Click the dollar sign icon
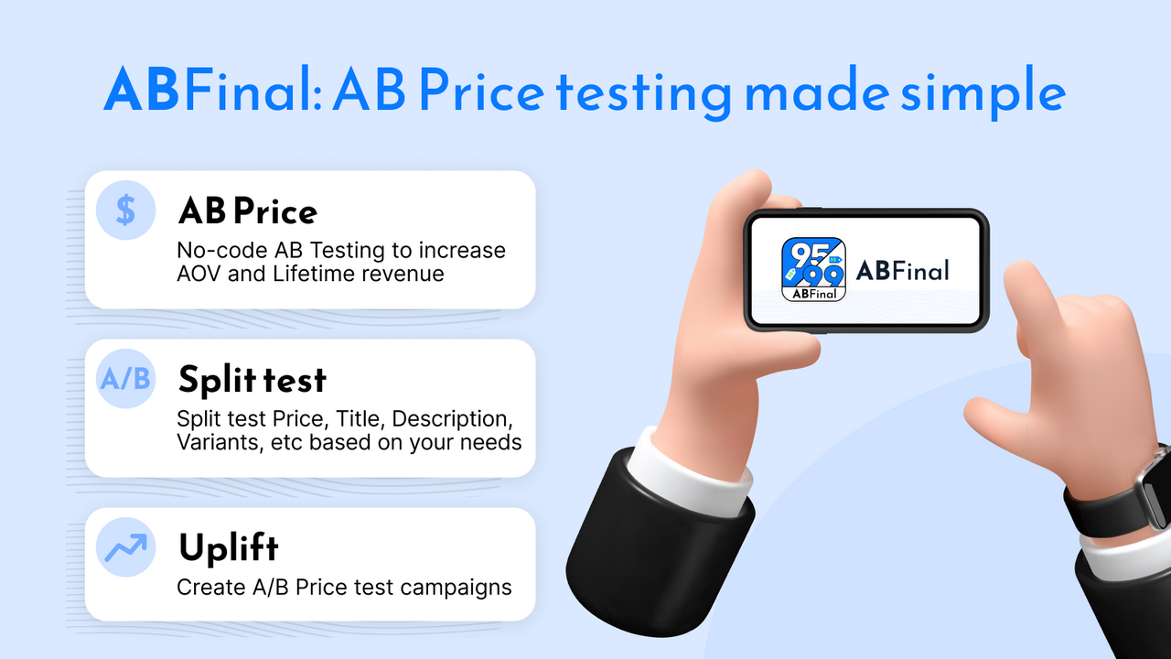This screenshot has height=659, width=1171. point(126,211)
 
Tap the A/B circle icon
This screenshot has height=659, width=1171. point(126,379)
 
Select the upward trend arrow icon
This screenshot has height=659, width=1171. point(126,547)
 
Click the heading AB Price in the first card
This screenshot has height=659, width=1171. point(248,212)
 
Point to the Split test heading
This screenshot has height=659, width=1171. point(252,380)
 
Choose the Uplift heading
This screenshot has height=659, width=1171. point(228,548)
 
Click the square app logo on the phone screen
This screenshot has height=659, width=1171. point(813,270)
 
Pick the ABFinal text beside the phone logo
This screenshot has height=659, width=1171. point(902,270)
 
